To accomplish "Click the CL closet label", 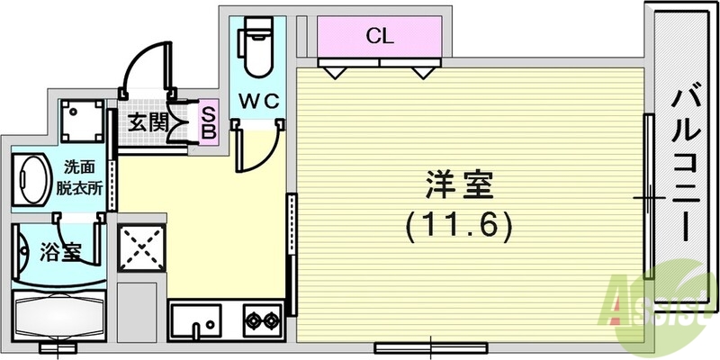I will click(379, 37).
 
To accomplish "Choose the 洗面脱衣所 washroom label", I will click(82, 179).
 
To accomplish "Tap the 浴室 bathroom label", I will click(59, 253).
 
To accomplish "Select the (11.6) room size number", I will click(459, 224).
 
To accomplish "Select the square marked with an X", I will click(139, 244).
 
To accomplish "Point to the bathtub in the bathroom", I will click(59, 315).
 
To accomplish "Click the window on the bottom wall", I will click(430, 345).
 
